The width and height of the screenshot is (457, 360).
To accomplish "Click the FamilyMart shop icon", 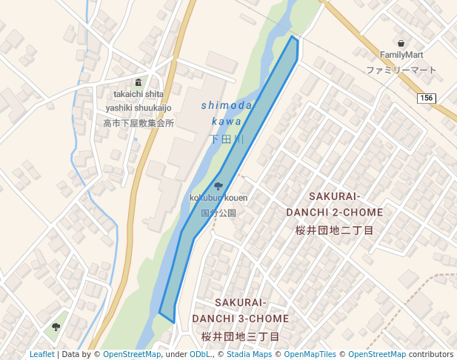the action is coord(401,43).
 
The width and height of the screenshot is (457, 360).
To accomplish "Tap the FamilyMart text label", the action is coord(401,55).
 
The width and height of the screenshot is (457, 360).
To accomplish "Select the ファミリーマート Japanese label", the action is coord(401,70).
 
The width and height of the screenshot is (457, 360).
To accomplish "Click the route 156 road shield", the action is coord(426,99).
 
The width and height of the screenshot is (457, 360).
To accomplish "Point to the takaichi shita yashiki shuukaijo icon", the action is coord(138,82).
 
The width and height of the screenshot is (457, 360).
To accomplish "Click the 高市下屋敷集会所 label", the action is coord(139,123).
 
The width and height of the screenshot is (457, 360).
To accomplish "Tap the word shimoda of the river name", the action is coord(227,107).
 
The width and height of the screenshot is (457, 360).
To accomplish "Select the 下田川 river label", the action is coord(227,139).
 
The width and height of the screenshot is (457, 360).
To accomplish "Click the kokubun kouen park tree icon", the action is coord(218,186).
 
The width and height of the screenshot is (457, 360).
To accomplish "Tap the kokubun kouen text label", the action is coord(218,198).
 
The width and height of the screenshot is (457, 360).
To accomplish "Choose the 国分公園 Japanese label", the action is coord(218,213).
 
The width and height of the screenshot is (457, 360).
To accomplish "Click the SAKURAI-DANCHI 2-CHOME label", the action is coord(334,204).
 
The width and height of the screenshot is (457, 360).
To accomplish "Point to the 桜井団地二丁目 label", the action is coord(334,230).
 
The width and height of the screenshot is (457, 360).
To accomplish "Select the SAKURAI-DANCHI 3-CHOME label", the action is coord(240,310).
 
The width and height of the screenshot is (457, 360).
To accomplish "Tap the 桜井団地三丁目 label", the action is coord(240,336).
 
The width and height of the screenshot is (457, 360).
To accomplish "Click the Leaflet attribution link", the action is coord(41,354).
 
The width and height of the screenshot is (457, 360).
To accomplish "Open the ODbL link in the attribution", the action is coord(200,354).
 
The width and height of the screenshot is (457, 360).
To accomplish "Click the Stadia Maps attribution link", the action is coord(249,354).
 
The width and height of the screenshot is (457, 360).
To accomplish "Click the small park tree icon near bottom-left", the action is coord(56,326).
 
